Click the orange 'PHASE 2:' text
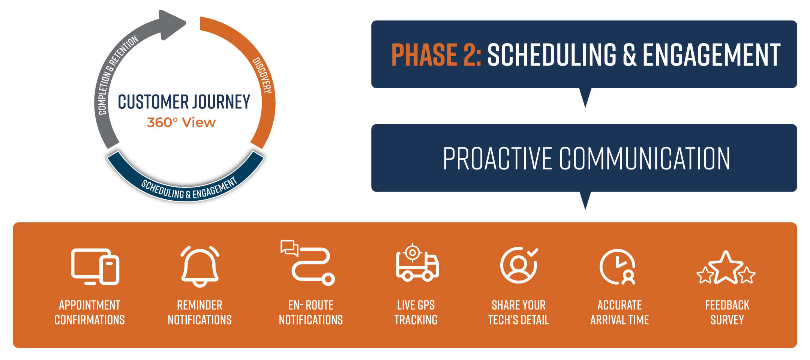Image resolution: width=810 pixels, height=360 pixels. coord(436,55)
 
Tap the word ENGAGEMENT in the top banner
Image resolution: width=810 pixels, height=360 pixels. coord(711,55)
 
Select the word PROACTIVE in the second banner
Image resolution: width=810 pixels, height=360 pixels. coord(497,159)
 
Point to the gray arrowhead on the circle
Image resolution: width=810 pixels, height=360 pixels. coord(172,24)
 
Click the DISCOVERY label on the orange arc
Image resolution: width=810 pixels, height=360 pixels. coord(262,75)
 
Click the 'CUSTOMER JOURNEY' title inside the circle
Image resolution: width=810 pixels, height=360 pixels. coord(184,102)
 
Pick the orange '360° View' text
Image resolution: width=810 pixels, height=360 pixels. coord(181,122)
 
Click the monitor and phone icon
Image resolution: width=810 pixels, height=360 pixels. coord(95,267)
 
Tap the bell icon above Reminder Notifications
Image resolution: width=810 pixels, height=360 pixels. coord(200,267)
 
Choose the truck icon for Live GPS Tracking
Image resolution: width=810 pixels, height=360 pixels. coord(417,264)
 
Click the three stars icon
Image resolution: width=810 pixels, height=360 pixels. coord(726,269)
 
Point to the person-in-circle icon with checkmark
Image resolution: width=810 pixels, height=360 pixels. coord(519,265)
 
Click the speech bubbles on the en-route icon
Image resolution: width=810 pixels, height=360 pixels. coord(289,247)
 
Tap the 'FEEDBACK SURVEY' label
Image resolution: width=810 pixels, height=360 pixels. coord(727,312)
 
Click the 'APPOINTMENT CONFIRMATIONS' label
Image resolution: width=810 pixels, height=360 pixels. coord(90,312)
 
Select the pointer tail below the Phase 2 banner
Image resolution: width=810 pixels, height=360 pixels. coord(585,97)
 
